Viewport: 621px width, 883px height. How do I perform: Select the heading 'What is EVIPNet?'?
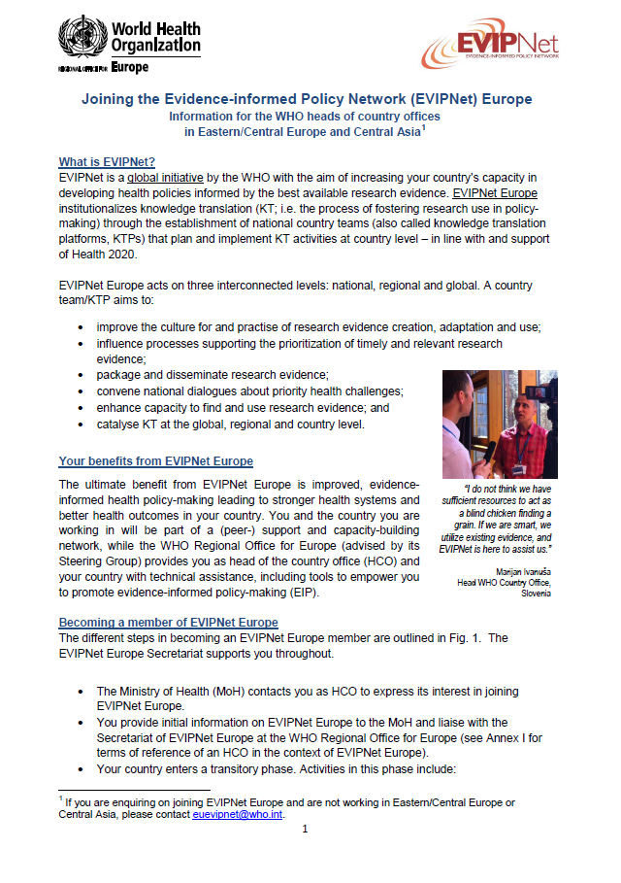tap(108, 161)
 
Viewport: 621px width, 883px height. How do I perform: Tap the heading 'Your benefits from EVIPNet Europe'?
tap(155, 461)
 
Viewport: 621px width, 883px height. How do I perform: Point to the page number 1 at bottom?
tap(305, 829)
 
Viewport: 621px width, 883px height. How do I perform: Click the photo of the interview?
tap(496, 424)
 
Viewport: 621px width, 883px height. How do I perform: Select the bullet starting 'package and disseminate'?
tap(213, 374)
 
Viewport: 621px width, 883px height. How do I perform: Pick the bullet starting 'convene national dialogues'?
tap(249, 391)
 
